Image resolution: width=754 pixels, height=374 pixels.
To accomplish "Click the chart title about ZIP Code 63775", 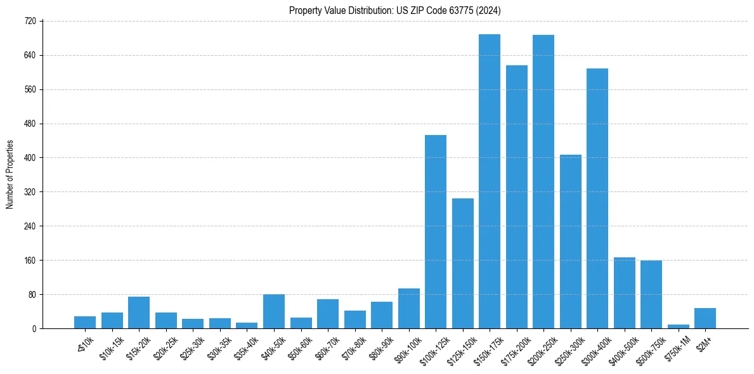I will tap(395, 10).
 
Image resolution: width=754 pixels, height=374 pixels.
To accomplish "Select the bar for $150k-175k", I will tap(490, 181).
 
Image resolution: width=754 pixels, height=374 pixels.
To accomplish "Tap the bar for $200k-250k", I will tap(543, 182).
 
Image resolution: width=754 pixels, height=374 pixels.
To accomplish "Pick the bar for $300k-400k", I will tap(597, 198).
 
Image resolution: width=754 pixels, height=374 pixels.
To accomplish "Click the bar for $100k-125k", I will tap(436, 232).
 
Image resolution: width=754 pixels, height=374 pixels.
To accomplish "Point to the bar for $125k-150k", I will tap(463, 264).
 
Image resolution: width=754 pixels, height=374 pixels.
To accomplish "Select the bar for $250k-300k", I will tap(571, 242).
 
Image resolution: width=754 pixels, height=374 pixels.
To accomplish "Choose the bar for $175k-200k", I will tap(517, 197).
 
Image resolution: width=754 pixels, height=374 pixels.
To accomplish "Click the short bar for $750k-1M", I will tap(679, 326).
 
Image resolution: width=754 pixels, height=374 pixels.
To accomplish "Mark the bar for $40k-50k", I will tap(274, 311).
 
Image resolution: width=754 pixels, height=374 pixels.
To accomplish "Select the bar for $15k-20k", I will tap(139, 313).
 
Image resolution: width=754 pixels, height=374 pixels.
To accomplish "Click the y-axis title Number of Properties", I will tap(10, 175).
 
